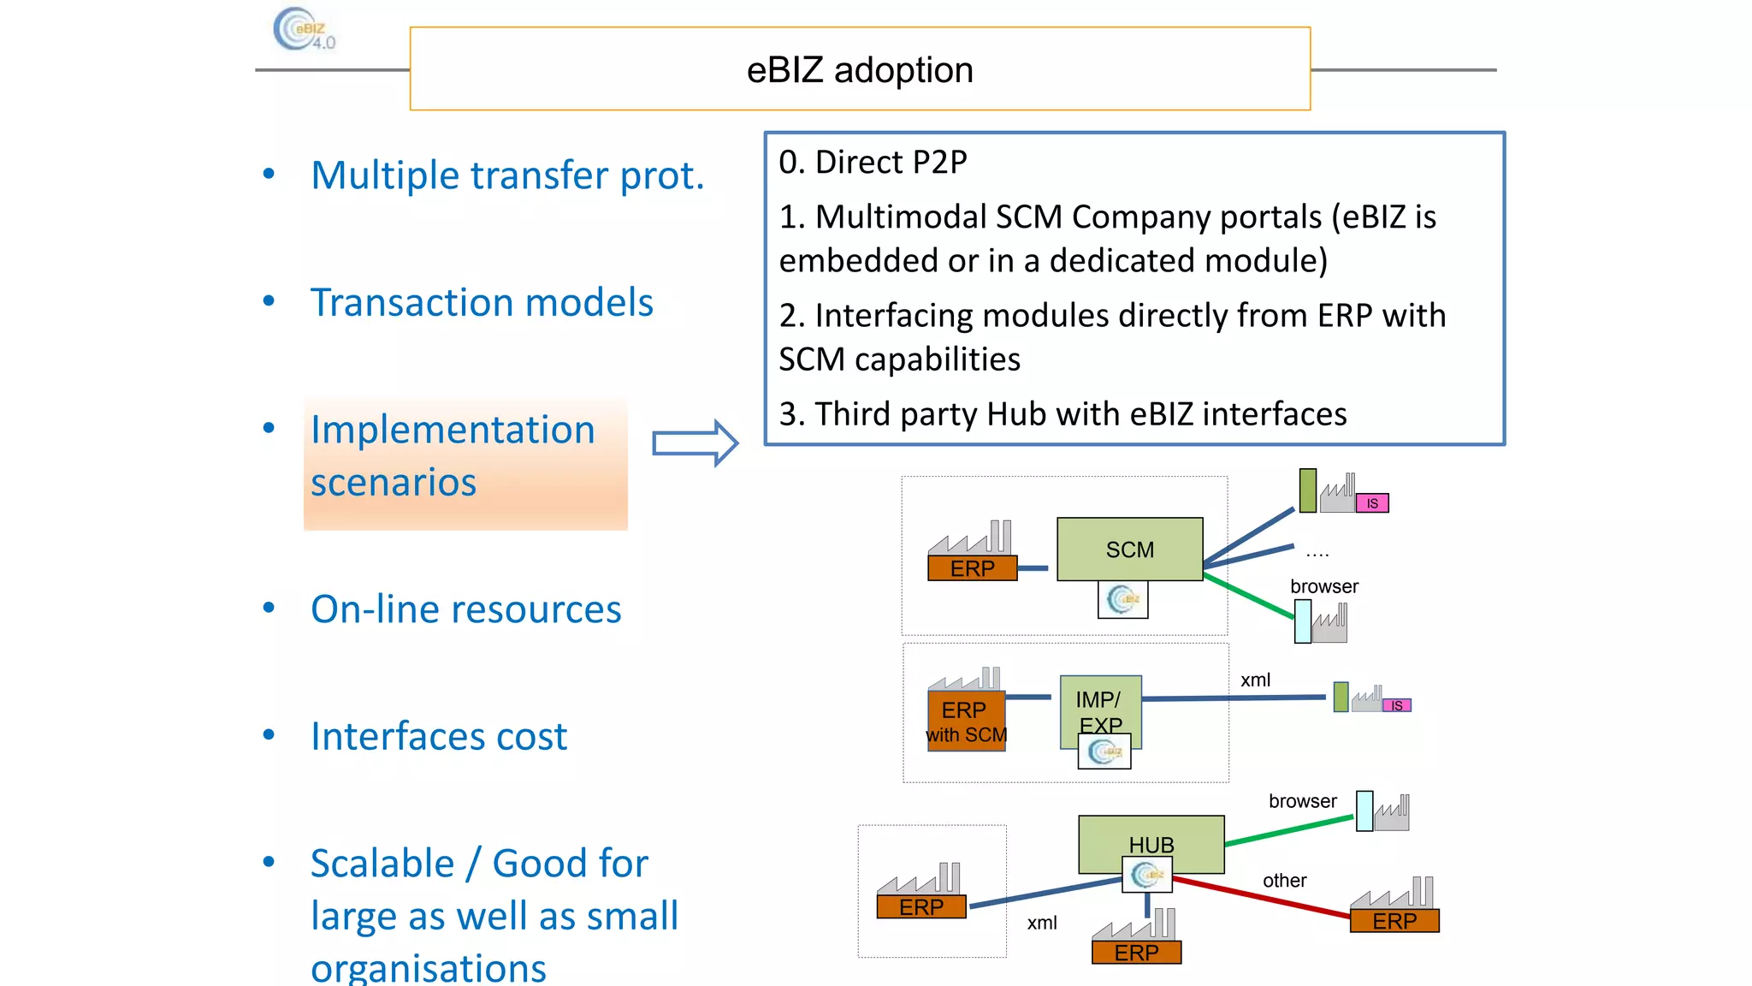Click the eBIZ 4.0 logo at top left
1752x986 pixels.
[x=303, y=30]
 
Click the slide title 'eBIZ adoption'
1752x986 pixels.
[x=859, y=70]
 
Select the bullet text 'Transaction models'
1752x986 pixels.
[x=481, y=302]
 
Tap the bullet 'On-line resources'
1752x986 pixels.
[x=465, y=609]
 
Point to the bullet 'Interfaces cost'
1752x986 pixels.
[x=438, y=736]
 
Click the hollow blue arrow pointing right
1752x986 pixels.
[x=694, y=443]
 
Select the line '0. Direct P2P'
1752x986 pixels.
[x=872, y=162]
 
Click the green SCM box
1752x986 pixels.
[x=1129, y=549]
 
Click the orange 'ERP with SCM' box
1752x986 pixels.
[x=966, y=722]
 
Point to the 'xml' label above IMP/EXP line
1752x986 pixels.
[x=1255, y=680]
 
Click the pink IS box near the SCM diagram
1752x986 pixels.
[x=1371, y=503]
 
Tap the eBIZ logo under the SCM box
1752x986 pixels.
[x=1122, y=599]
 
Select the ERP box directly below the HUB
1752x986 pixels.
[x=1136, y=952]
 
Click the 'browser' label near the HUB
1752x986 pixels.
[x=1302, y=801]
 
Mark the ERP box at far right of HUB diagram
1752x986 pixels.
[x=1394, y=921]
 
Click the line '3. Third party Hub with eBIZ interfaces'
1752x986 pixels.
[x=1062, y=414]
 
